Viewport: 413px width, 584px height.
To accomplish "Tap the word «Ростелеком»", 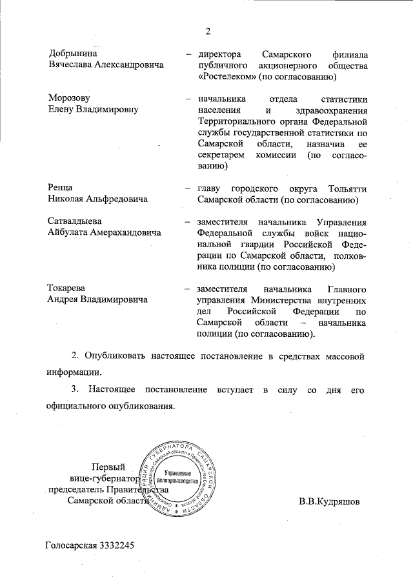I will click(x=227, y=77).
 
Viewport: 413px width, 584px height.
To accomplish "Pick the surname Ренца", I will click(x=62, y=188).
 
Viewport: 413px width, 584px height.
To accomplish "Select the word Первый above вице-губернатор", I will click(x=107, y=467).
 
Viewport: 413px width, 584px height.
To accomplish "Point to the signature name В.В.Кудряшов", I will click(x=330, y=501).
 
